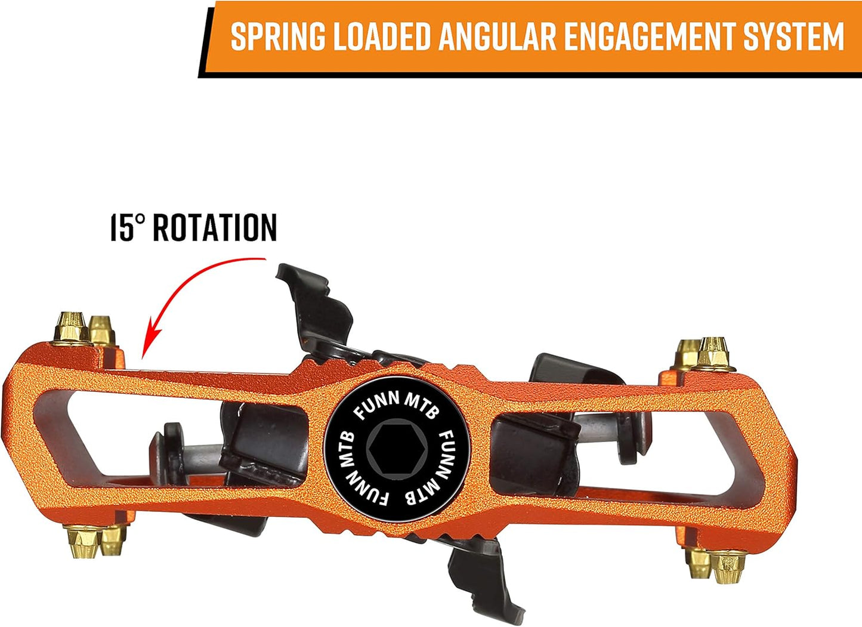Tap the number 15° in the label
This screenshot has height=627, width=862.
[128, 227]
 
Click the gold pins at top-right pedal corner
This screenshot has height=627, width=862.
[704, 354]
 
